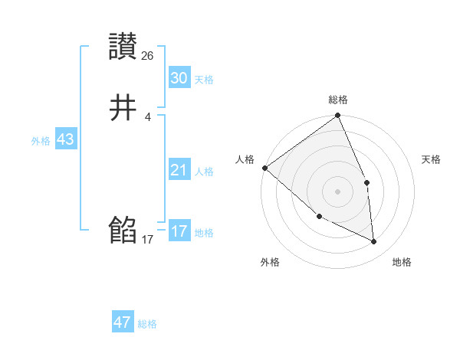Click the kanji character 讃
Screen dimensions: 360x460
(x=123, y=47)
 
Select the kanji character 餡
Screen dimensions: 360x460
(x=123, y=231)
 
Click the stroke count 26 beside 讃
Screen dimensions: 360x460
(x=148, y=55)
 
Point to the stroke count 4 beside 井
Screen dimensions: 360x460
(x=147, y=116)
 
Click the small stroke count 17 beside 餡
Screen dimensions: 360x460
(x=148, y=240)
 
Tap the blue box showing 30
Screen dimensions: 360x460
(x=179, y=77)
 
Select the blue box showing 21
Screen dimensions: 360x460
(x=179, y=170)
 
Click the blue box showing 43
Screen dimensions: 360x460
(x=65, y=139)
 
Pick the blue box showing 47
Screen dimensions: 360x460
(x=123, y=322)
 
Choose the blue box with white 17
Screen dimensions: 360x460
(x=179, y=231)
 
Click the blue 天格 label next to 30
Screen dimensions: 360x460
(x=204, y=80)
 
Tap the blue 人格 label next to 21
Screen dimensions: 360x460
(x=204, y=172)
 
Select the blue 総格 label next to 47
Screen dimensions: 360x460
(x=147, y=325)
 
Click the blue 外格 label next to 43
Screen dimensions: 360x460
(x=41, y=141)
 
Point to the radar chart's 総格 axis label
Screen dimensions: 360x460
(x=338, y=100)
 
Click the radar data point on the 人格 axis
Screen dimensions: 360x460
(x=264, y=168)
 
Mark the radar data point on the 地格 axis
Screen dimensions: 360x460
(x=373, y=241)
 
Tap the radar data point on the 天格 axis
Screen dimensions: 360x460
(x=366, y=182)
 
